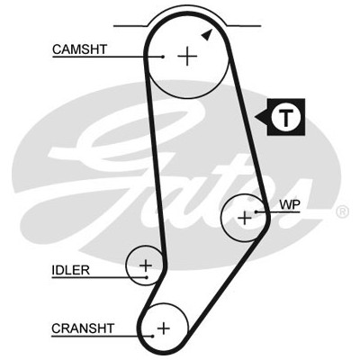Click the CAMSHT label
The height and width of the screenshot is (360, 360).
[79, 49]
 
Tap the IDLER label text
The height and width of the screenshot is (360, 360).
[71, 270]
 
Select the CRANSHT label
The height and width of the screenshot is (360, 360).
[83, 328]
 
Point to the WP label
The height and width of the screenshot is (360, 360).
[290, 205]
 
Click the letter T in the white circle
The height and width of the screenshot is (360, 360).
[286, 117]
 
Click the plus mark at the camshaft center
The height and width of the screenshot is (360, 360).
[187, 56]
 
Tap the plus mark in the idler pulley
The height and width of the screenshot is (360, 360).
[146, 265]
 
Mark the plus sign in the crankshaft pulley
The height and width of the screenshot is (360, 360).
[164, 328]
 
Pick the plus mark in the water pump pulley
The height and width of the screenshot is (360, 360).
[245, 218]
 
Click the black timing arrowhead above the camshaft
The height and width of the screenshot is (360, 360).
[208, 35]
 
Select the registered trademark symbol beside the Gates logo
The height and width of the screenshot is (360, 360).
[342, 211]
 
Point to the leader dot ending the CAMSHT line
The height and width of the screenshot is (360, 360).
[163, 57]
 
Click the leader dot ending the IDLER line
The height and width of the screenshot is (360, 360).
[147, 277]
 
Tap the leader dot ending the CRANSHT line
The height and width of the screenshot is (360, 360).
[153, 336]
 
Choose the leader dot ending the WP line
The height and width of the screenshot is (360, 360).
[256, 211]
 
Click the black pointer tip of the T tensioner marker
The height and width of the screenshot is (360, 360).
[255, 117]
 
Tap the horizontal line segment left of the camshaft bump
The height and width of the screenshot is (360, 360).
[130, 26]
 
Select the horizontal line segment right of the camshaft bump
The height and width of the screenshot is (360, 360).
[244, 26]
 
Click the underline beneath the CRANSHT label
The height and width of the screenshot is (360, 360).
[102, 336]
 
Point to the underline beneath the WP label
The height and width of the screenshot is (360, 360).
[278, 212]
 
